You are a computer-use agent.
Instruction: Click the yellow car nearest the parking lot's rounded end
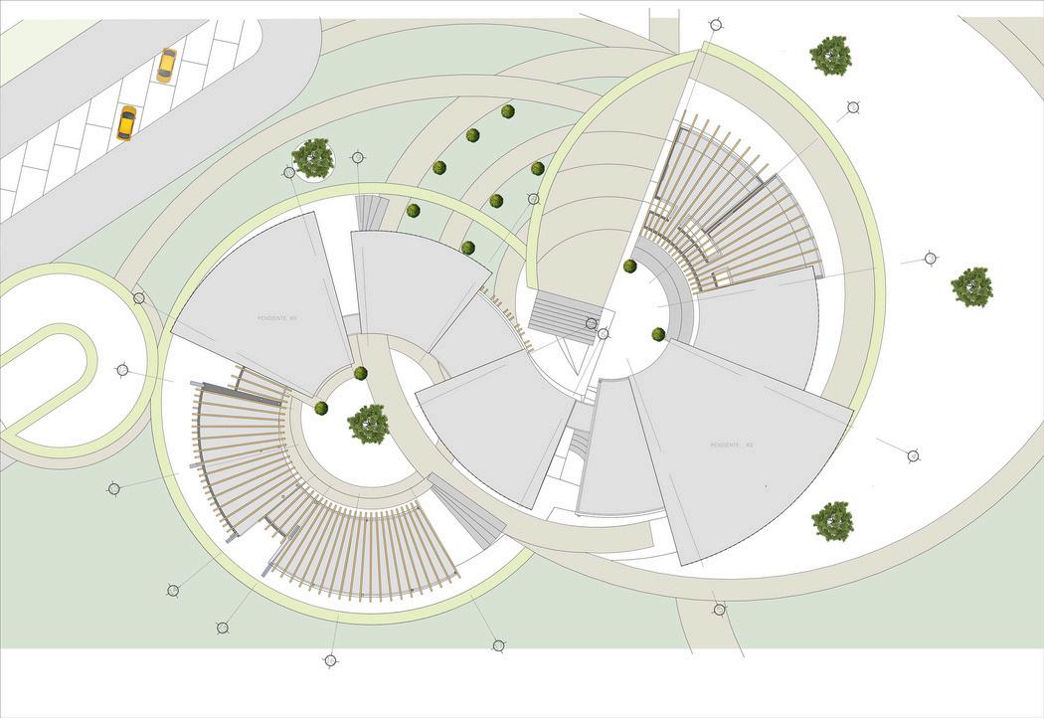click(x=166, y=65)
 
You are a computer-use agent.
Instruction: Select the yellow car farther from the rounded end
click(x=126, y=122)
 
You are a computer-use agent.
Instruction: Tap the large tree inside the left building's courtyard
click(x=368, y=424)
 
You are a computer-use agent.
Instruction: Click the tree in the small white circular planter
click(x=313, y=158)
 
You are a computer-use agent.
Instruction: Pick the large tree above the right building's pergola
click(x=830, y=56)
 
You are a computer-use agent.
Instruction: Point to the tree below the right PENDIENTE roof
click(x=832, y=521)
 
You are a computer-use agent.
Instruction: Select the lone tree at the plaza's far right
click(x=971, y=286)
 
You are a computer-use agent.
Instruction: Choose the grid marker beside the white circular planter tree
click(x=358, y=157)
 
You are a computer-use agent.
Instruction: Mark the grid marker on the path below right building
click(x=719, y=609)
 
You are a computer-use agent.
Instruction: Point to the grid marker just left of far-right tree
click(x=930, y=259)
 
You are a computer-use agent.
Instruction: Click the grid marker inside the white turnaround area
click(x=122, y=370)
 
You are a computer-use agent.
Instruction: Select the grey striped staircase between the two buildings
click(x=564, y=313)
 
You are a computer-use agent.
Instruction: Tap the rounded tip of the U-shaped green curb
click(x=84, y=343)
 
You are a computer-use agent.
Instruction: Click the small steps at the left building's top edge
click(x=373, y=211)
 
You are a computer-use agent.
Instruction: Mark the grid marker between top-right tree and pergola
click(x=852, y=107)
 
